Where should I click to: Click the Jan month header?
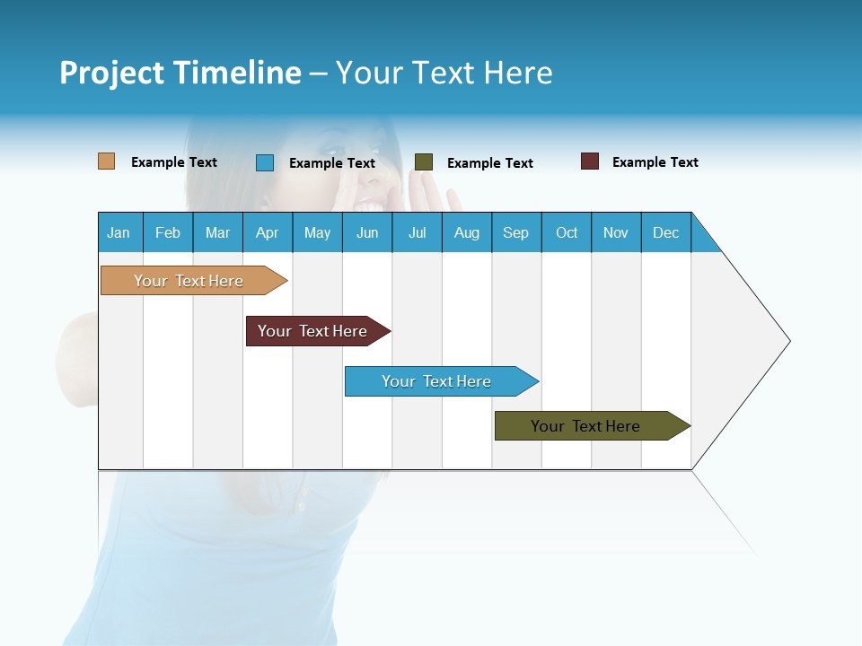click(x=119, y=232)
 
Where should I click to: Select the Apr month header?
click(x=268, y=232)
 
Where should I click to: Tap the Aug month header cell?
click(x=467, y=232)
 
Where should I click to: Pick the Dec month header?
click(x=666, y=232)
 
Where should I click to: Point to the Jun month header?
click(x=367, y=232)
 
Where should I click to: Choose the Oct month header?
click(x=567, y=232)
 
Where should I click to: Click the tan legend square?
click(x=107, y=161)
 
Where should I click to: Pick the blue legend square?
click(x=265, y=162)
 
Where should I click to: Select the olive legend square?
click(x=424, y=162)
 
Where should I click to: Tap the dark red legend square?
click(x=590, y=161)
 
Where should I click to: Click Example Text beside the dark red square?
click(x=655, y=162)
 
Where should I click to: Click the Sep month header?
click(x=516, y=232)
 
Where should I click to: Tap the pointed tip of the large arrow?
click(x=787, y=341)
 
